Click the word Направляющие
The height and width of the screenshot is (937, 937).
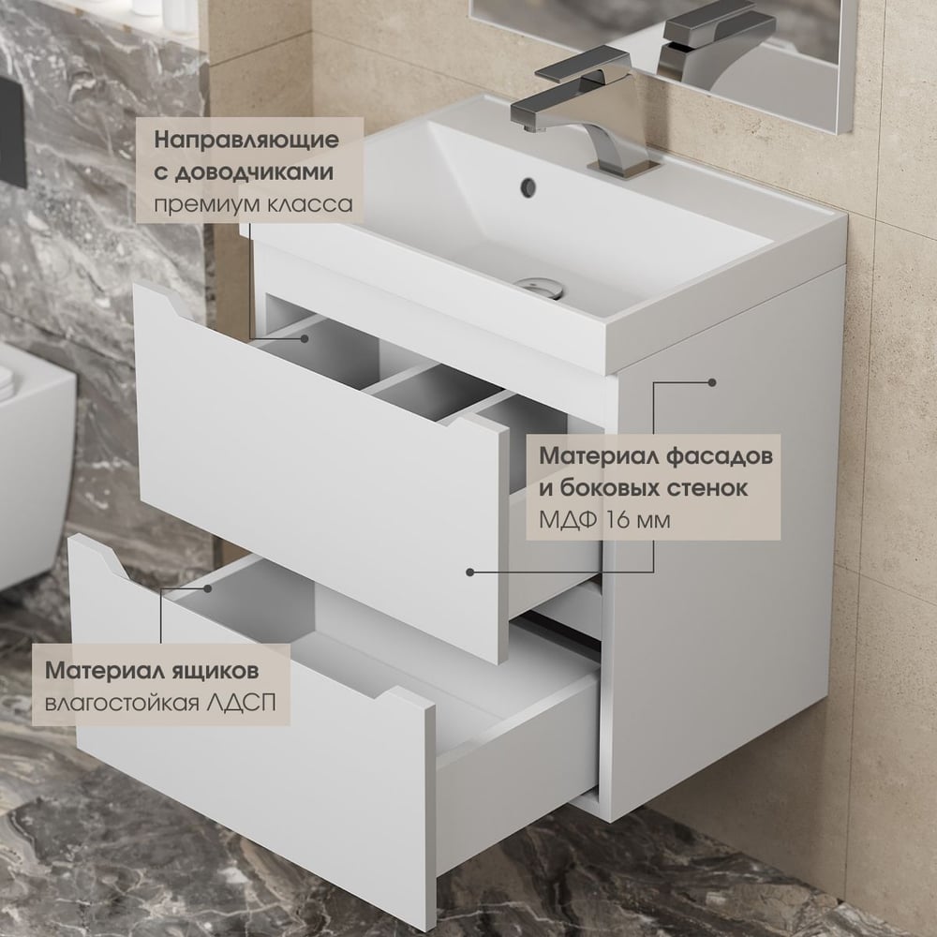click(x=246, y=141)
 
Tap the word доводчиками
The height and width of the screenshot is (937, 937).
click(x=253, y=172)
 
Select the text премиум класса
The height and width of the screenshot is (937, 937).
click(x=253, y=205)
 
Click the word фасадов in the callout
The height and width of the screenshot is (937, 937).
click(x=720, y=456)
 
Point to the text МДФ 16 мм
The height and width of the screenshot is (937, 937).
click(x=604, y=520)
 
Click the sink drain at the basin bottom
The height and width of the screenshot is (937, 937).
click(x=542, y=288)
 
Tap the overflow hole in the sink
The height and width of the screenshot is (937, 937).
click(x=528, y=187)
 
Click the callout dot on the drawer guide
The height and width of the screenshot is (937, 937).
click(x=305, y=338)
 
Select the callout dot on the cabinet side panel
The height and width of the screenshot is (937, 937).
click(x=712, y=382)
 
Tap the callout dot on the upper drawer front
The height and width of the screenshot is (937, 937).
click(x=470, y=572)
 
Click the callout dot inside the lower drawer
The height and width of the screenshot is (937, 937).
click(x=207, y=588)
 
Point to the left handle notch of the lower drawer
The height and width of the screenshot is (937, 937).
click(x=108, y=557)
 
